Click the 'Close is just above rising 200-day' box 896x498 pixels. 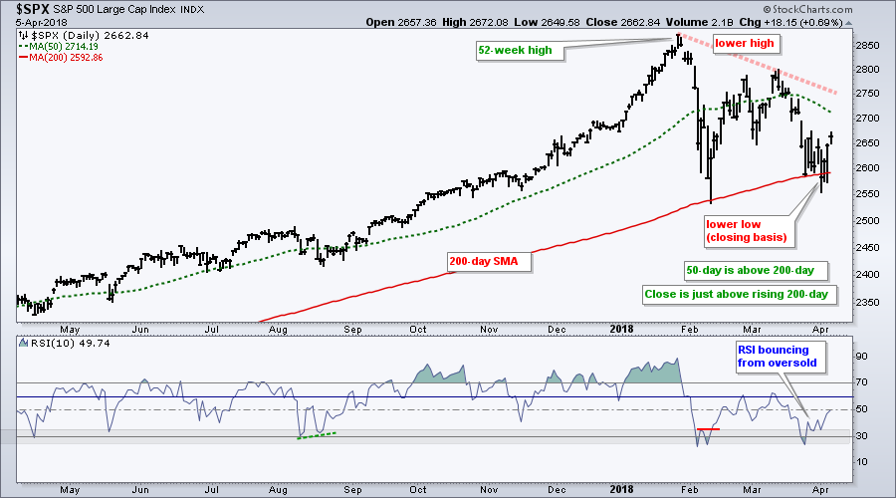pos(739,294)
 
